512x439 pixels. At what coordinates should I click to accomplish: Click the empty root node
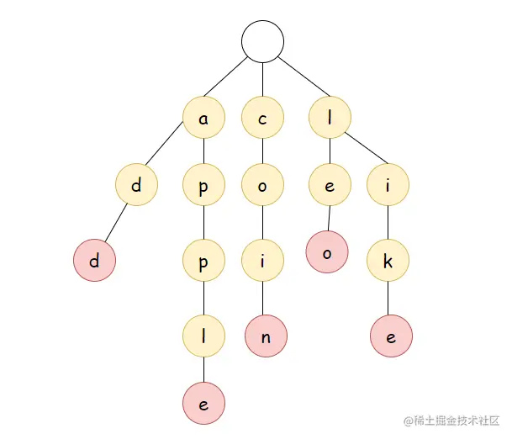click(x=262, y=41)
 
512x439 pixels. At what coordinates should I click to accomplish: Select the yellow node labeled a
click(x=203, y=119)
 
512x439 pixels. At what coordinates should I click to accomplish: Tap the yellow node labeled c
click(x=262, y=119)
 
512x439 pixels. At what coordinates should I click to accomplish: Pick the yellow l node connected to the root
click(x=329, y=119)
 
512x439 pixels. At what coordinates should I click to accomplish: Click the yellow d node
click(x=137, y=185)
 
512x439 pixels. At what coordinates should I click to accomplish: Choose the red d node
click(x=94, y=261)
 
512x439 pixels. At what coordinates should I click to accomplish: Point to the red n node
click(x=266, y=336)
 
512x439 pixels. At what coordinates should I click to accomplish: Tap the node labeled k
click(x=388, y=261)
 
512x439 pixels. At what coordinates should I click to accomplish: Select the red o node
click(x=328, y=252)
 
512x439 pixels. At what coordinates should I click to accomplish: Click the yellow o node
click(x=262, y=187)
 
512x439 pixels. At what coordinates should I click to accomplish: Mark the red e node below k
click(x=392, y=336)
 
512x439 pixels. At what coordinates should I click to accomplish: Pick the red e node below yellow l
click(x=203, y=403)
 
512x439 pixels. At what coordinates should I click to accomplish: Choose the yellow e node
click(x=329, y=187)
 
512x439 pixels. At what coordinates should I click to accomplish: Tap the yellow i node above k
click(x=388, y=187)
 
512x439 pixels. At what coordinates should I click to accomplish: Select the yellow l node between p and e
click(x=203, y=336)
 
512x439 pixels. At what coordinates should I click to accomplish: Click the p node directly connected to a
click(x=203, y=187)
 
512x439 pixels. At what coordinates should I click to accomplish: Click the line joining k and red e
click(x=388, y=299)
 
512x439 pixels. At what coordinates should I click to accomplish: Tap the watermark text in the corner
click(x=451, y=420)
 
